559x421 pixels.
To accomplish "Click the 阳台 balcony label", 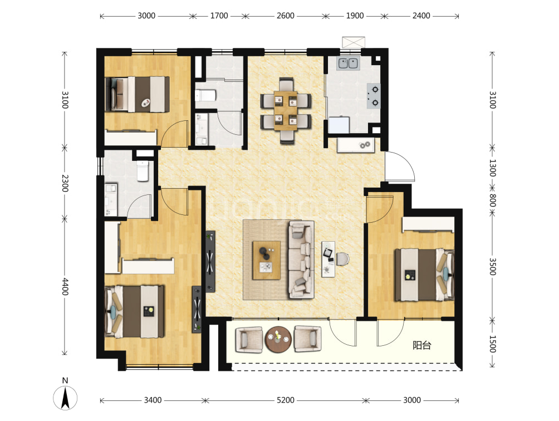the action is (x=422, y=345).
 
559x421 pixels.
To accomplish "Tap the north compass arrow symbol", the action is (x=65, y=398).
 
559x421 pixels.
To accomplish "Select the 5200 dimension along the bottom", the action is (x=286, y=400).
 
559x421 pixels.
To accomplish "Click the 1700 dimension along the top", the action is (x=219, y=16).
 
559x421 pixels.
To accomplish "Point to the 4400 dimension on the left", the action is (x=65, y=287).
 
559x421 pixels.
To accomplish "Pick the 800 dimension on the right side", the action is (x=492, y=200).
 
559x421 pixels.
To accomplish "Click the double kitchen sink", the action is (x=349, y=63).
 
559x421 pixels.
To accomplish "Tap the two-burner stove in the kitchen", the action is (x=373, y=96).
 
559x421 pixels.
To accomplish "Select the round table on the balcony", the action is (x=278, y=339).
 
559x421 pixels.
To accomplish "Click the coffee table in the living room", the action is (x=266, y=260).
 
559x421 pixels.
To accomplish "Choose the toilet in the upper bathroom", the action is (x=205, y=96).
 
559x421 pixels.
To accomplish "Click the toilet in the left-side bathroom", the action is (x=143, y=171).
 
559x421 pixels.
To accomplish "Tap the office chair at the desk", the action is (x=342, y=259).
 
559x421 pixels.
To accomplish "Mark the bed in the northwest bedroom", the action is (x=138, y=95).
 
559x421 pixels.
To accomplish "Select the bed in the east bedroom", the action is (x=424, y=275).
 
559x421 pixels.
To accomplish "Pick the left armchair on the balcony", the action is (x=249, y=340).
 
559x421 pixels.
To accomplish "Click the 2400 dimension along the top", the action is (x=421, y=16).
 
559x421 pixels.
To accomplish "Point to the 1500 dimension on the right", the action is (x=492, y=344).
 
